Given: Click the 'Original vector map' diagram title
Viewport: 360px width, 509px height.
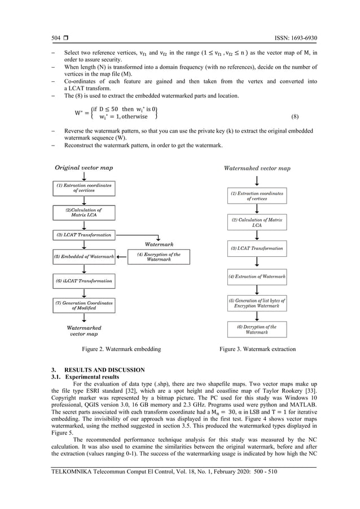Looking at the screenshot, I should point(84,168).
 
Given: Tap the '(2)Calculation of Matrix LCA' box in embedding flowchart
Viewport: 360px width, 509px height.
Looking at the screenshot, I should point(84,212).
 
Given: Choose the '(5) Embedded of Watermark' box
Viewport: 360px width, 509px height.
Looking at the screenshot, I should point(84,257).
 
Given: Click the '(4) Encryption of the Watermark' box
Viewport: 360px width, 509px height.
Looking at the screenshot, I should point(159,257).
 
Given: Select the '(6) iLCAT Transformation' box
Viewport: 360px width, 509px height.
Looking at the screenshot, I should point(84,280).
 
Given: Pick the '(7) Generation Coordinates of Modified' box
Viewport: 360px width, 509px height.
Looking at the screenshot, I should point(84,305).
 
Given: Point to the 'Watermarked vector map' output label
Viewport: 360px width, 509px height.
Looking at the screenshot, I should point(84,330).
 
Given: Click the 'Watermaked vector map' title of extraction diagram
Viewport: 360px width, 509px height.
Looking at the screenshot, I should point(257,168).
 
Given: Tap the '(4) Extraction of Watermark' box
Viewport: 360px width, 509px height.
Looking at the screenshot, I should point(257,277).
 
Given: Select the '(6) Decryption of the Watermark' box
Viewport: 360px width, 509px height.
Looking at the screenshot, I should point(257,329).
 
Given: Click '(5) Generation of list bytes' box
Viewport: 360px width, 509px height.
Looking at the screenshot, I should point(257,302).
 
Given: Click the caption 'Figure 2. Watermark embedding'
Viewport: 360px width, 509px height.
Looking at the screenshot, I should point(121,349).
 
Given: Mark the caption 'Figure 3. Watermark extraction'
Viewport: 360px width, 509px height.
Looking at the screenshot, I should point(257,349).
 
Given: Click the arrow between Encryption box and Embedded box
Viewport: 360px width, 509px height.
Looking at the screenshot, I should point(121,257).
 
